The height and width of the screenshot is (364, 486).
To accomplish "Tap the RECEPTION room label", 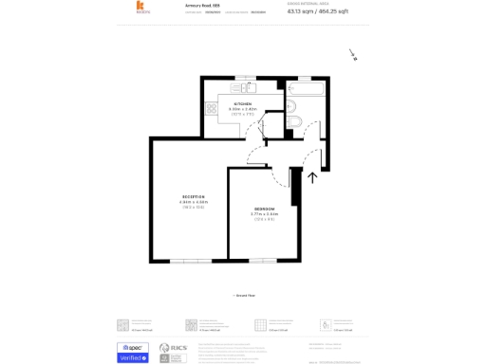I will coord(193,196).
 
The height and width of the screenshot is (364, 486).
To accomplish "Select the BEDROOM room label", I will coord(264,208).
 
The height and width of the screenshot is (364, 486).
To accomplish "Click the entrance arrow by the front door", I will coord(312,176).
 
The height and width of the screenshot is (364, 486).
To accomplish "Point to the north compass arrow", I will coord(351,55).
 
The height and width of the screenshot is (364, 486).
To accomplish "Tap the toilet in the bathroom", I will coord(292,121).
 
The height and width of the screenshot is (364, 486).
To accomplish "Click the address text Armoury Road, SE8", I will coord(203,5).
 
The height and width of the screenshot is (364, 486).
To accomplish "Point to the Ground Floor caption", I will coord(243,296).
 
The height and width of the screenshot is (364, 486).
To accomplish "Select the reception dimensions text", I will coord(193,202).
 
